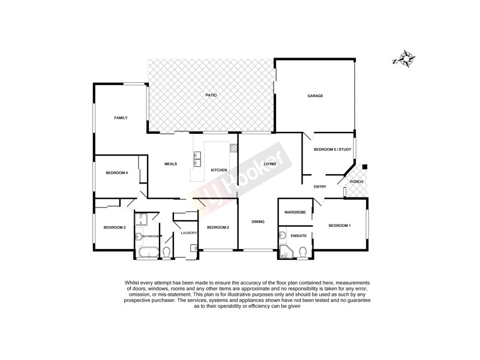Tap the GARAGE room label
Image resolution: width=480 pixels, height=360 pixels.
click(x=316, y=96)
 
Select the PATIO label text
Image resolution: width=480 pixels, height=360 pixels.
click(x=211, y=95)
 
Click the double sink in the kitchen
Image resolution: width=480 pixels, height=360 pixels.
click(x=197, y=159)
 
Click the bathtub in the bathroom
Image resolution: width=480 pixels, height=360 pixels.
click(x=148, y=251)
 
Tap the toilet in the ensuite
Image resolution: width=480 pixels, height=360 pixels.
click(x=303, y=251)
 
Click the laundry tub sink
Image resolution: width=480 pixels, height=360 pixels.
click(x=194, y=247)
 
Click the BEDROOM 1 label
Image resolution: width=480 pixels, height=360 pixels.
click(x=340, y=225)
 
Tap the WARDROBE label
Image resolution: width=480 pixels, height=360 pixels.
click(x=295, y=212)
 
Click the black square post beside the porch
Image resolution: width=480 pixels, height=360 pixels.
click(x=365, y=166)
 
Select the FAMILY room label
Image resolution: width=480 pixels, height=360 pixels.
click(x=121, y=118)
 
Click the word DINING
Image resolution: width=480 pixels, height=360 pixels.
click(x=258, y=222)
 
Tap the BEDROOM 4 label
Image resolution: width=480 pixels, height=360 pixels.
click(x=116, y=173)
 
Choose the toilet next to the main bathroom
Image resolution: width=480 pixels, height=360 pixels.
click(x=167, y=251)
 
